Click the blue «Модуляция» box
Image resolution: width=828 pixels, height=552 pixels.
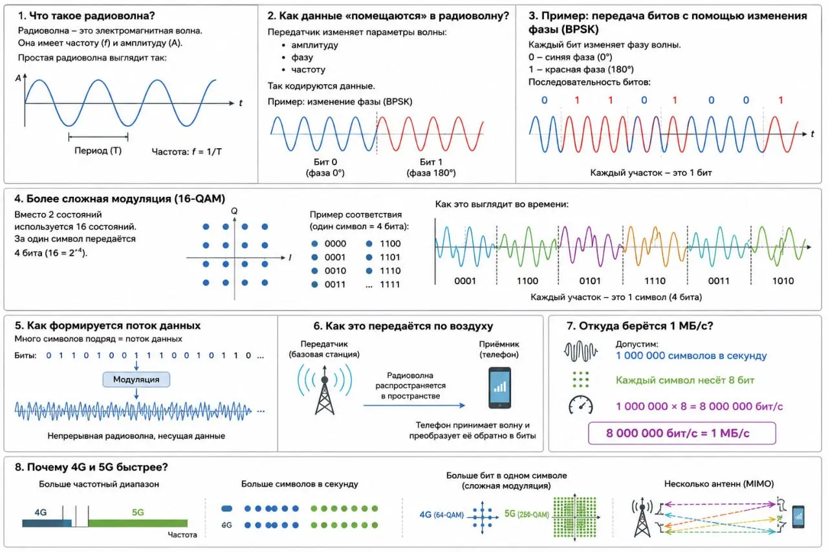click(x=136, y=379)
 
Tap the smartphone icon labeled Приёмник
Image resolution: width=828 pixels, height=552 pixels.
click(x=500, y=388)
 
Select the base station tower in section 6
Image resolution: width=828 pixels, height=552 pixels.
click(x=325, y=390)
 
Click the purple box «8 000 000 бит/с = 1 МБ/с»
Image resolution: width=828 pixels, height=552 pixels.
click(x=682, y=433)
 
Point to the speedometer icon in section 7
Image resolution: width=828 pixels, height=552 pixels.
click(x=581, y=405)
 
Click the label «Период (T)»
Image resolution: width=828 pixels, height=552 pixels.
click(x=98, y=151)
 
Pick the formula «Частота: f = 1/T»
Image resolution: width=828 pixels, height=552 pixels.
click(x=187, y=151)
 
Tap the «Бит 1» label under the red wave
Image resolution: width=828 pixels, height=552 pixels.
click(x=431, y=162)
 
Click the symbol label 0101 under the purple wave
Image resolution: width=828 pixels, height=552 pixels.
click(x=590, y=281)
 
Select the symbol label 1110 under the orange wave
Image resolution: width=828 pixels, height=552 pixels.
click(x=655, y=281)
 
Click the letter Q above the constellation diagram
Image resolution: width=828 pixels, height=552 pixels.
click(x=234, y=211)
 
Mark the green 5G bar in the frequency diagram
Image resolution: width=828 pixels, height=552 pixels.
click(x=138, y=523)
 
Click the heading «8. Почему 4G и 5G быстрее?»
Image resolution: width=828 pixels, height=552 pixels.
click(x=91, y=467)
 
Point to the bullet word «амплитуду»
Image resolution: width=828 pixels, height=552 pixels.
click(x=314, y=45)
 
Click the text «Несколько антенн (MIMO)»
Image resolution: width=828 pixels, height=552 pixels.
click(x=719, y=484)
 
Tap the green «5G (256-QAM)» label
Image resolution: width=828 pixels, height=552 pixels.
click(x=527, y=514)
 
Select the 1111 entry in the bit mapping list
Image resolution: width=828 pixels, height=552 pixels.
click(x=390, y=284)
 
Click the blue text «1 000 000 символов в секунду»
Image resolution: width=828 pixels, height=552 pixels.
click(x=692, y=356)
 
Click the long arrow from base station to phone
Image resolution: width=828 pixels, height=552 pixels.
click(x=414, y=406)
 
